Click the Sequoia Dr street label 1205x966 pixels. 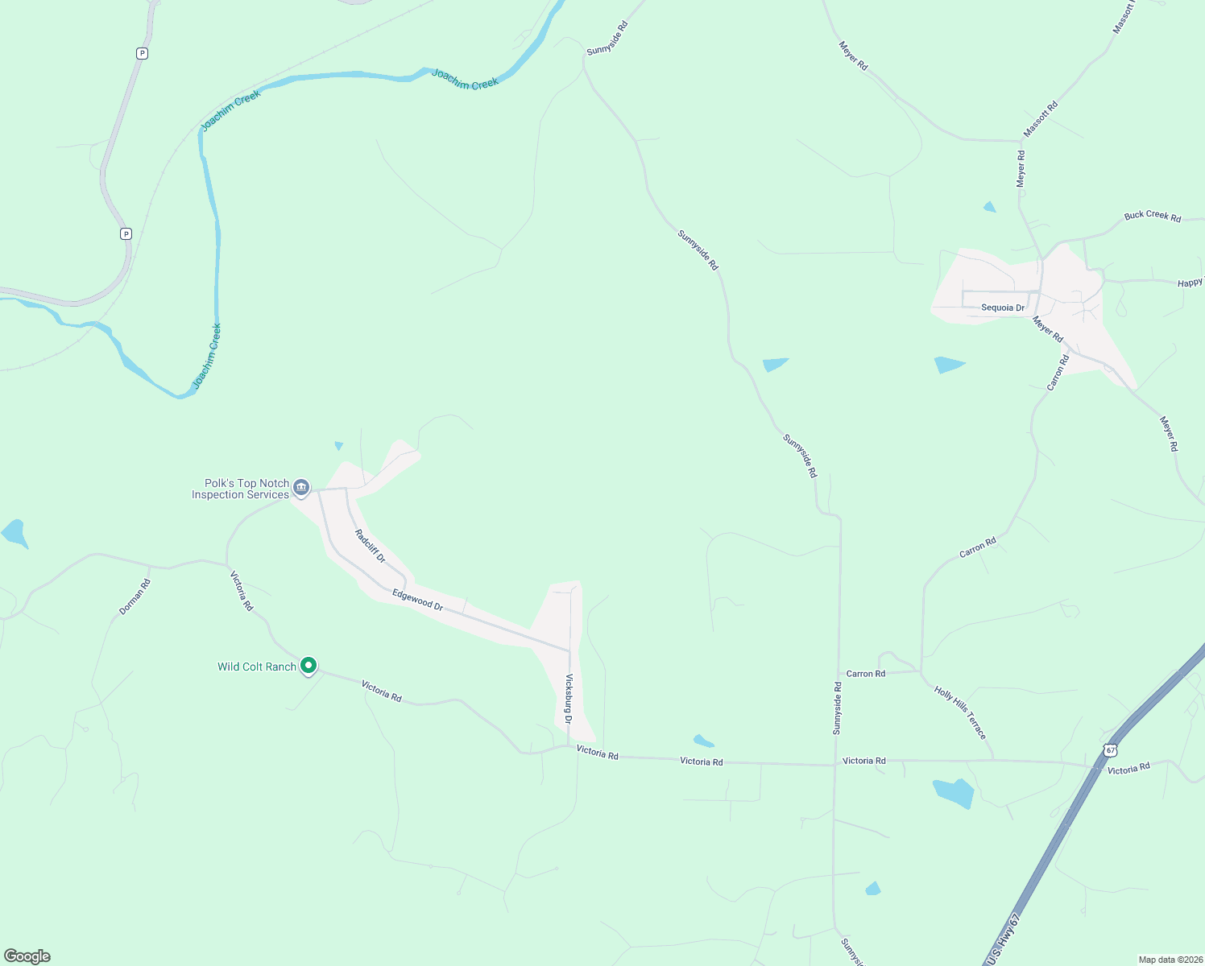(x=1003, y=308)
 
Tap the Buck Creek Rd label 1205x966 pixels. (x=1152, y=216)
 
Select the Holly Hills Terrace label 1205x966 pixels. (x=960, y=712)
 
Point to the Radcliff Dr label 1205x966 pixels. (x=371, y=546)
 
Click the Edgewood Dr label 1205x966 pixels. (x=417, y=600)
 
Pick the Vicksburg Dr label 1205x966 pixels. (x=569, y=698)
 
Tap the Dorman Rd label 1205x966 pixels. (x=135, y=597)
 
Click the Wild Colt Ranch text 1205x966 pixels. (x=256, y=667)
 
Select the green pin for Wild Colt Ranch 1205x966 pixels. (x=308, y=665)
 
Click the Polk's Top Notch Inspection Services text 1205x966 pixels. (x=240, y=489)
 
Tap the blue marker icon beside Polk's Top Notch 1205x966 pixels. (x=301, y=487)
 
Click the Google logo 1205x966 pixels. (x=27, y=956)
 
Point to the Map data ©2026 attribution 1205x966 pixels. (x=1169, y=960)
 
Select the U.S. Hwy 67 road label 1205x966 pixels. (x=1003, y=939)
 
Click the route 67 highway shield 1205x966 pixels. (x=1111, y=750)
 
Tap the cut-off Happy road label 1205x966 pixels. (x=1190, y=283)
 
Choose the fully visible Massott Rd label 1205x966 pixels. (x=1041, y=118)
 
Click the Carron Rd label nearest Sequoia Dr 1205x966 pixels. (x=1058, y=373)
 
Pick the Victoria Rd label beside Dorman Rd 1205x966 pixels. (x=242, y=591)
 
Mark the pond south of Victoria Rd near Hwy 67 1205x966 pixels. (x=954, y=792)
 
